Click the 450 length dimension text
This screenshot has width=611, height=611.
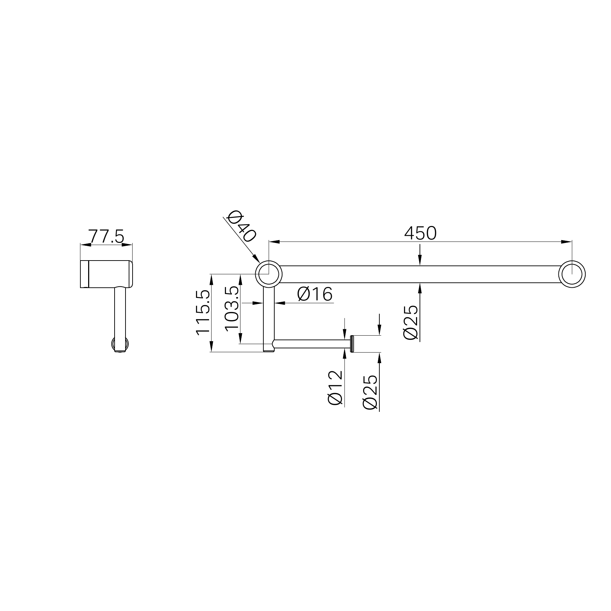(420, 233)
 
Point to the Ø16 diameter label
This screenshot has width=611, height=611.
(315, 294)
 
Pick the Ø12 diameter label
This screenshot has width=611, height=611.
(335, 387)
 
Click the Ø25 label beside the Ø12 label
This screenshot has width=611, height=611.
(370, 392)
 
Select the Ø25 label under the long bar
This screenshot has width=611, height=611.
(411, 322)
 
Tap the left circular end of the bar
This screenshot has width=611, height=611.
(269, 274)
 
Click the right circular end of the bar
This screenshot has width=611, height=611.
(572, 274)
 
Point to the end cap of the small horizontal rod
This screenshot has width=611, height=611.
(352, 344)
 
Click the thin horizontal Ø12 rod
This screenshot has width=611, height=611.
(310, 344)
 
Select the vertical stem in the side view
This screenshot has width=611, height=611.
(120, 314)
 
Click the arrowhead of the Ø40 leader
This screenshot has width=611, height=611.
(256, 259)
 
